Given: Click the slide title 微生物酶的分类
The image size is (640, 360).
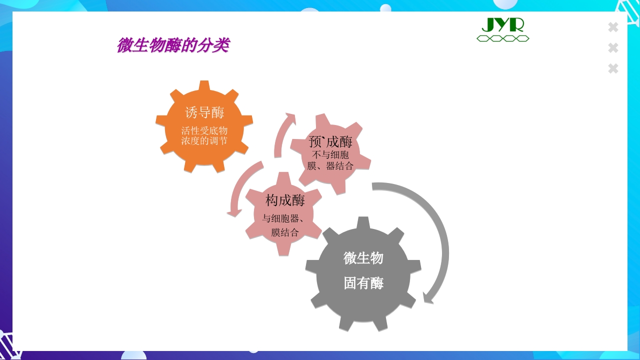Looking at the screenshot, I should pos(173,45).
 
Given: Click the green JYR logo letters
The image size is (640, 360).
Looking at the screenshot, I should pos(502,24).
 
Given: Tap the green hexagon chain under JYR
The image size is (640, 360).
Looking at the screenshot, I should pos(502,38).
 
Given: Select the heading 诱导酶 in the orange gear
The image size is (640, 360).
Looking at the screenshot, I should pos(204,112).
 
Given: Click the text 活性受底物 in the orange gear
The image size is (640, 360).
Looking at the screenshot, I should pos(204,130).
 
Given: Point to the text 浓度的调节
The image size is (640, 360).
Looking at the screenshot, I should pos(204,141).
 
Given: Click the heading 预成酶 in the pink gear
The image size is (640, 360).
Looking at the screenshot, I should pos(330,141).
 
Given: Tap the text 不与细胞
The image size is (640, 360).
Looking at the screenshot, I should pos(330,154).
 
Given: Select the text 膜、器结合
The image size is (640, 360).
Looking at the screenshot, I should pos(330,166).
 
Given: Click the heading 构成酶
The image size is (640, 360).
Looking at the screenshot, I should pos(285,200).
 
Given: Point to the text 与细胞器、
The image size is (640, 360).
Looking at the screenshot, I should pos(283,218).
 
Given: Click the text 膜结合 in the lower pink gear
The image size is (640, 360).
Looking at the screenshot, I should pos(285,232).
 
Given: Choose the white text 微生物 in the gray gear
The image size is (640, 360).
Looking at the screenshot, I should pos(363,258).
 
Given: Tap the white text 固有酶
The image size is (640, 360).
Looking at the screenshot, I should pos(363,283).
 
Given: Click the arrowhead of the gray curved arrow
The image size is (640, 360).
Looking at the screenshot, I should pos(427,298).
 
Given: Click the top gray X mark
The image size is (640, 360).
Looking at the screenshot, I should pos(613,27).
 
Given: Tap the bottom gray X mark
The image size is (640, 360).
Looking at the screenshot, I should pos(613,68).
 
